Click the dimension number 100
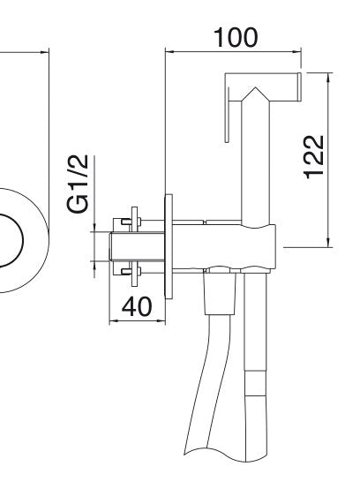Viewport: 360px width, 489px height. click(236, 37)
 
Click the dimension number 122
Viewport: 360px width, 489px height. click(314, 157)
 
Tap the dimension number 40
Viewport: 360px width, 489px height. click(137, 306)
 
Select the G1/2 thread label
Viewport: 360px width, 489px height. click(78, 184)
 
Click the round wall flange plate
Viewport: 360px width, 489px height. click(169, 246)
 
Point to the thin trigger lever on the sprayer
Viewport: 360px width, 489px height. click(228, 115)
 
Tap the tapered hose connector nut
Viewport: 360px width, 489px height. click(220, 292)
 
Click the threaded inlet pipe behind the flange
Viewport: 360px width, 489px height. click(137, 246)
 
